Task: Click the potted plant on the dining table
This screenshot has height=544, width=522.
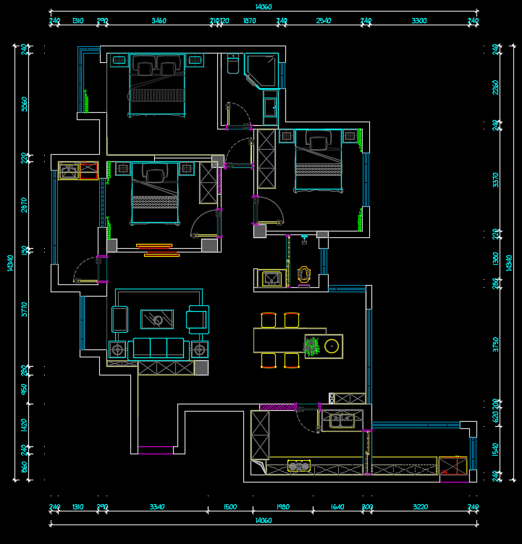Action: click(312, 347)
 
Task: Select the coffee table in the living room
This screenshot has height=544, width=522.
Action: click(157, 318)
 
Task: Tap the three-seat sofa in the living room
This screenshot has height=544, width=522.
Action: click(157, 347)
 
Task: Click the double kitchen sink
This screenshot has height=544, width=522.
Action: click(342, 419)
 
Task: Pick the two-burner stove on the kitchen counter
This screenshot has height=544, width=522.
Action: click(298, 466)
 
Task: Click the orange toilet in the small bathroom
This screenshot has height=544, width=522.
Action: click(304, 276)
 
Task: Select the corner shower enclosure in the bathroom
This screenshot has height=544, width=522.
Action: click(261, 72)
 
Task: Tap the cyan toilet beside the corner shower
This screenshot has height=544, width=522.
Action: click(232, 65)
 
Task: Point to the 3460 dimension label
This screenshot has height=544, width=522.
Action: click(159, 21)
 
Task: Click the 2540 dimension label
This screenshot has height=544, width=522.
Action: click(324, 21)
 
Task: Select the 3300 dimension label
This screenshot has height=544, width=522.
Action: click(419, 21)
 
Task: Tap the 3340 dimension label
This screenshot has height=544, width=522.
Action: click(157, 506)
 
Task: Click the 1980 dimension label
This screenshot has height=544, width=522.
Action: click(282, 506)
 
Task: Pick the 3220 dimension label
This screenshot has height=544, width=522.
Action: click(419, 506)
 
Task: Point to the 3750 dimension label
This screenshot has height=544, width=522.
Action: click(496, 344)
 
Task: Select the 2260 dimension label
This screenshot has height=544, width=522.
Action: click(496, 87)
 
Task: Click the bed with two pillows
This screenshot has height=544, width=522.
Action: click(156, 85)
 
